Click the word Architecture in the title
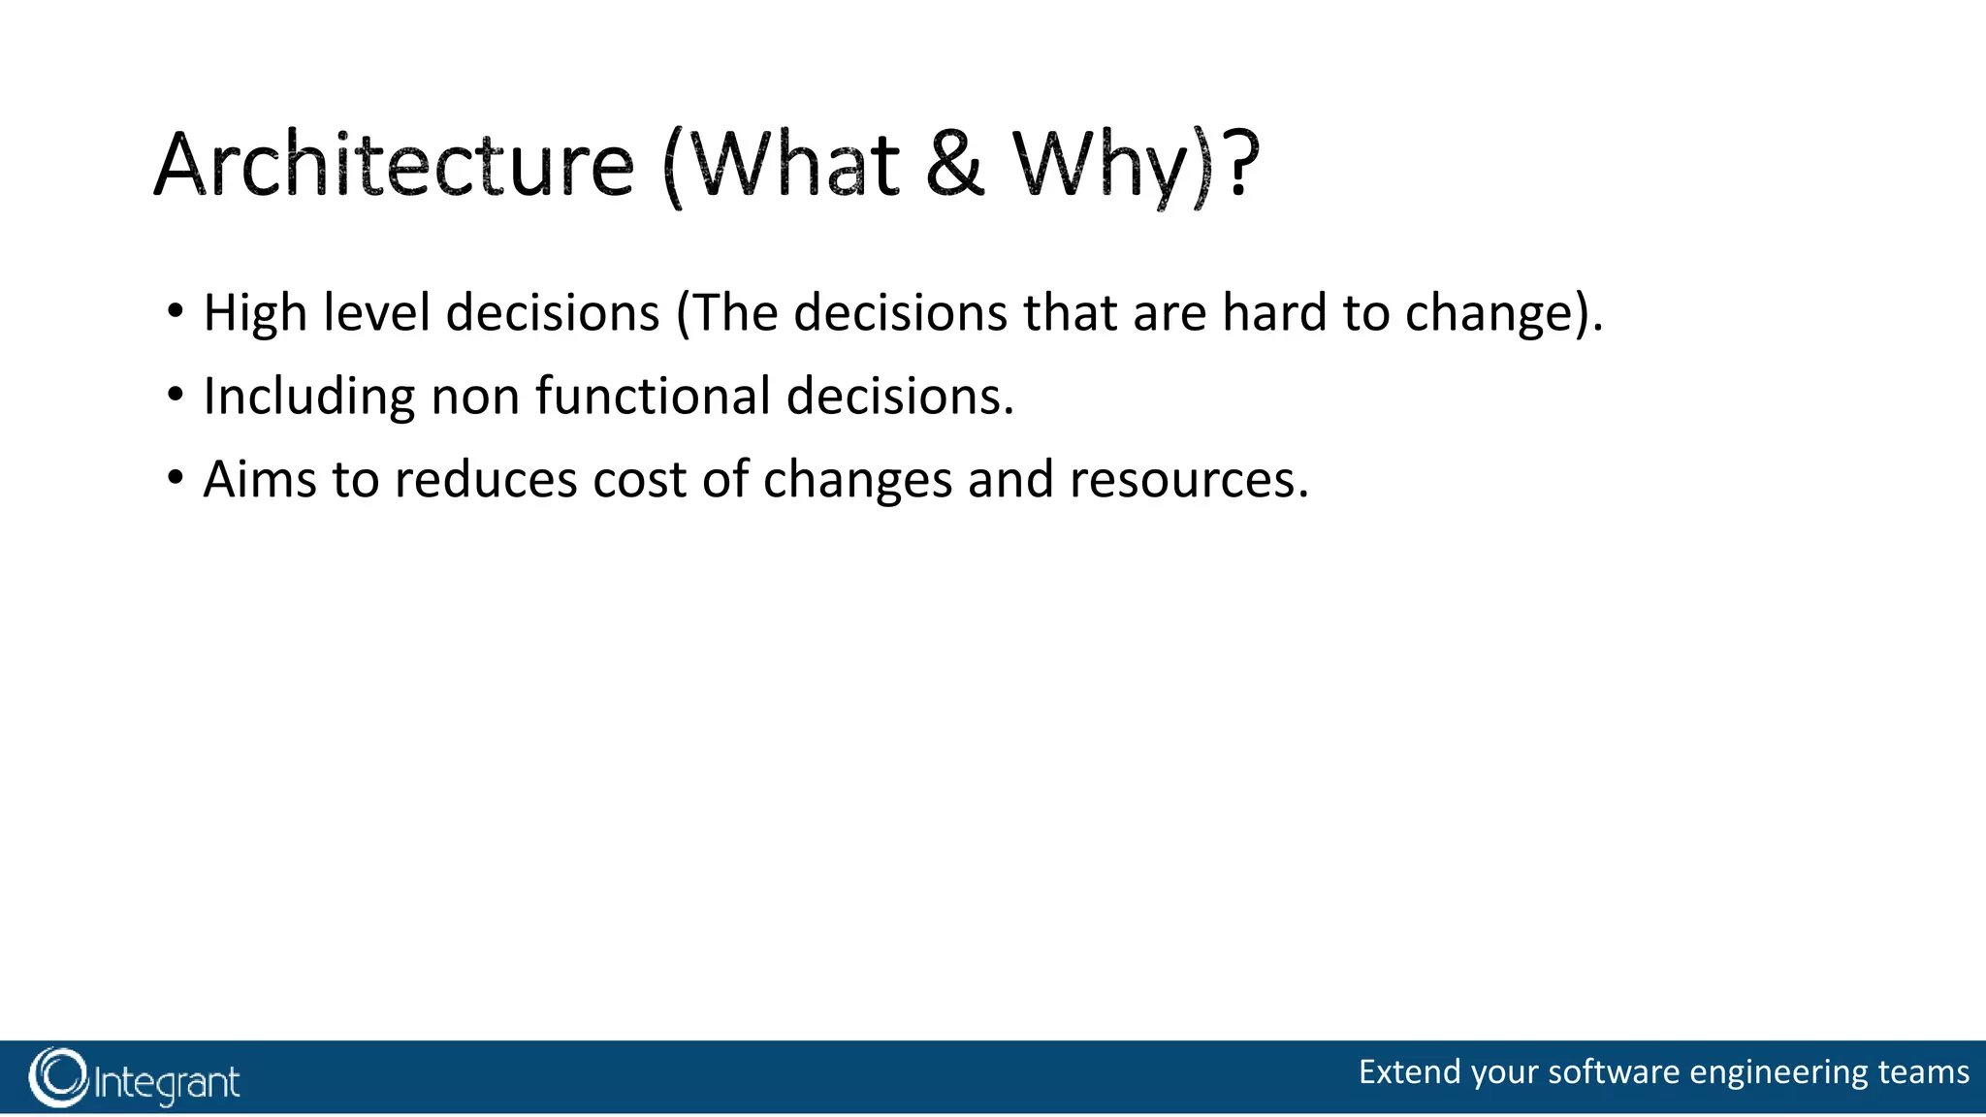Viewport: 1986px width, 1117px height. pos(394,165)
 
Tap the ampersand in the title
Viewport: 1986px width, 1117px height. pos(955,165)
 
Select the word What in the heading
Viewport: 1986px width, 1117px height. pos(794,165)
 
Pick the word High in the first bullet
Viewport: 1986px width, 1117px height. pos(255,313)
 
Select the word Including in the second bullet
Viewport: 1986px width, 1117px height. pos(309,397)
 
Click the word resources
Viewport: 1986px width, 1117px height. pos(1188,480)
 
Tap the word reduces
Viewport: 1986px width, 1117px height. pos(486,480)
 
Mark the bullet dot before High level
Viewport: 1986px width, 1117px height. pos(175,312)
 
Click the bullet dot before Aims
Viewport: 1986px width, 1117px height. pos(175,479)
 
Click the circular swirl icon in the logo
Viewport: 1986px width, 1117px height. pos(58,1078)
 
